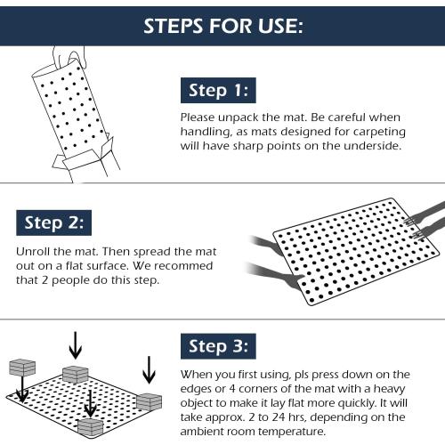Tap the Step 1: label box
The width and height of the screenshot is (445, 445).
pyautogui.click(x=218, y=91)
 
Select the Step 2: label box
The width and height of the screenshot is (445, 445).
pyautogui.click(x=53, y=222)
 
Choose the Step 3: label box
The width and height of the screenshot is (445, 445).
pyautogui.click(x=218, y=346)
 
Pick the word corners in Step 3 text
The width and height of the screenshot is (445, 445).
pyautogui.click(x=261, y=389)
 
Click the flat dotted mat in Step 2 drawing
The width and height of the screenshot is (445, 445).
pyautogui.click(x=356, y=252)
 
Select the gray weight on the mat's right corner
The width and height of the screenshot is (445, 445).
pyautogui.click(x=149, y=402)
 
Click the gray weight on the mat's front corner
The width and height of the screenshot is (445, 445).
pyautogui.click(x=91, y=427)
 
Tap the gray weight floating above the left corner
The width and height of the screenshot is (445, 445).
pyautogui.click(x=22, y=368)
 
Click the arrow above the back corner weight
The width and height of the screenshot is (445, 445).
pyautogui.click(x=76, y=345)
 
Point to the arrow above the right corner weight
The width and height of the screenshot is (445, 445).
pyautogui.click(x=149, y=370)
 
